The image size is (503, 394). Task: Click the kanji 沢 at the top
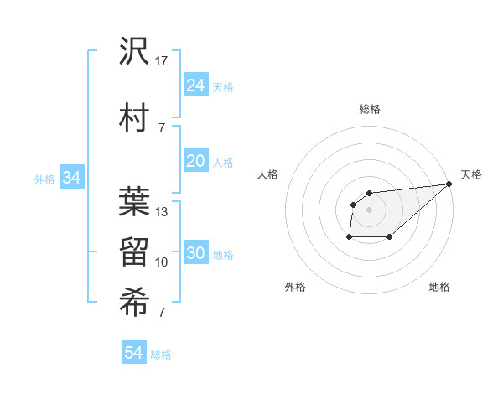coord(134,51)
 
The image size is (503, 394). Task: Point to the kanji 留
coord(134,251)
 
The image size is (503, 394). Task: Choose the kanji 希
coord(134,301)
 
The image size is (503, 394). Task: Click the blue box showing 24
coord(195,86)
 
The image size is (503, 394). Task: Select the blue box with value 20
coord(195,162)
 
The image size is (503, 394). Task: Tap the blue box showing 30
coord(195,254)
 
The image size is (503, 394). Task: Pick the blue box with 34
coord(71,178)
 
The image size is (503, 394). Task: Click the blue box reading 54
coord(133,353)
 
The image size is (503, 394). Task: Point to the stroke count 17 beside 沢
coord(162,61)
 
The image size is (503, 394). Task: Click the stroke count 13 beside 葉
coord(162,212)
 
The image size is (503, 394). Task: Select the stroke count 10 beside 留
coord(162,262)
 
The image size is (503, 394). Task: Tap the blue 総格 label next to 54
coord(161,355)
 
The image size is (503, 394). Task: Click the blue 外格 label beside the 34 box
coord(44,179)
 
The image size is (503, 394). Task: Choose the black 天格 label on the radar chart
coord(471,174)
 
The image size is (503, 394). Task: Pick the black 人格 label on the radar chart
coord(267,174)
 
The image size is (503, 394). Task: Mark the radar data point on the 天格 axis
coord(449,184)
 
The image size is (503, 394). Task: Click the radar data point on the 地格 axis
coord(390,237)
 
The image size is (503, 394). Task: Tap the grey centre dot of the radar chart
coord(369,209)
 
